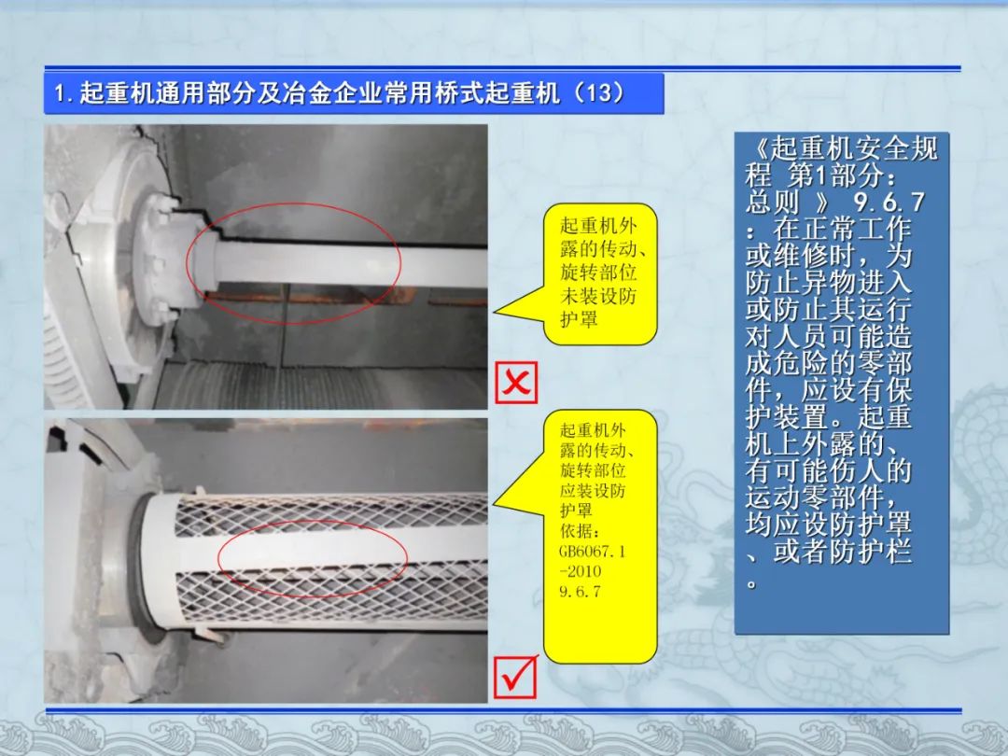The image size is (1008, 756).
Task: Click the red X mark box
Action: (516, 383)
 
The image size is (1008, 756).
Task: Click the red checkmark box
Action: (516, 677)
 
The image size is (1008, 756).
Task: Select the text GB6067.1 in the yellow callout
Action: (592, 551)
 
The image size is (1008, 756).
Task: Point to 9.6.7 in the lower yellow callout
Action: (580, 591)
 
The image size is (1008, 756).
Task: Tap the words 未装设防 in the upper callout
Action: (598, 296)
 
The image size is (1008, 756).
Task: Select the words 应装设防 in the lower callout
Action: (592, 491)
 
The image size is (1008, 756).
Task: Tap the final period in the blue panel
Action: (750, 583)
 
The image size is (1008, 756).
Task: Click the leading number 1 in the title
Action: (59, 94)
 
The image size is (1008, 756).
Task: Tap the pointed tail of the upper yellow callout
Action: (495, 313)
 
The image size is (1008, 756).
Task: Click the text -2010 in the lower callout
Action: (581, 571)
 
